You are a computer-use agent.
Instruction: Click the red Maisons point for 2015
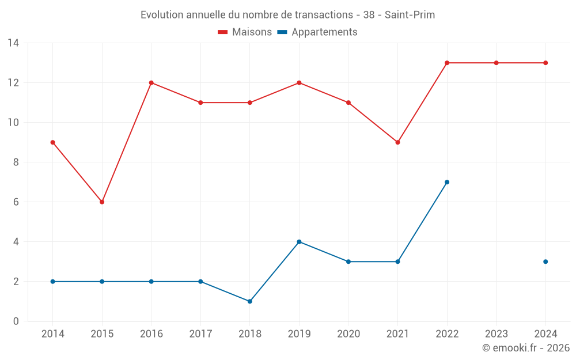(x=102, y=202)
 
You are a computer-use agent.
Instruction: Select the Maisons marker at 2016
(x=151, y=83)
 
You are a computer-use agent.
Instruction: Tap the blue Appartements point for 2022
(x=447, y=182)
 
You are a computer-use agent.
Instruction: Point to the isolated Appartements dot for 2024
(x=545, y=262)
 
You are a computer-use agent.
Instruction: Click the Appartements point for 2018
(x=250, y=301)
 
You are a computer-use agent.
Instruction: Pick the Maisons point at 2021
(x=397, y=142)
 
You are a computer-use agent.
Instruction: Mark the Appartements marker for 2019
(x=299, y=242)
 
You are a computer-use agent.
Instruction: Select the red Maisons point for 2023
(x=496, y=63)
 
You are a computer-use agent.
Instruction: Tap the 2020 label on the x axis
(x=348, y=334)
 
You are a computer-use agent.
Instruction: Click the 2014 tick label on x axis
(x=53, y=334)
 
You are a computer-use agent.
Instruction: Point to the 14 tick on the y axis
(x=13, y=43)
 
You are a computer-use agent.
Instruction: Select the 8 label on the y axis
(x=16, y=162)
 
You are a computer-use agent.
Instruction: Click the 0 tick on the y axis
(x=16, y=321)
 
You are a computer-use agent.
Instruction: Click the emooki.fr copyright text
(x=525, y=348)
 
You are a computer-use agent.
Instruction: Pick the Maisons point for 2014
(x=53, y=142)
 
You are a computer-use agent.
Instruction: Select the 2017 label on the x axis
(x=200, y=334)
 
